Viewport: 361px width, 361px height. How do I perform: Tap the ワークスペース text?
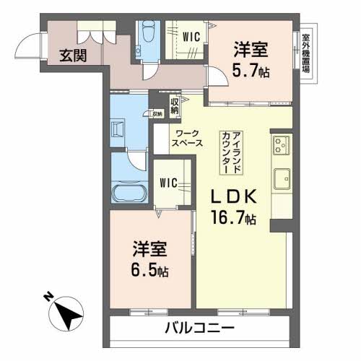(188, 138)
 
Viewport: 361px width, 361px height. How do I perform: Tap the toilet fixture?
(149, 32)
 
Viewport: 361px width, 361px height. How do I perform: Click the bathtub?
(129, 194)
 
